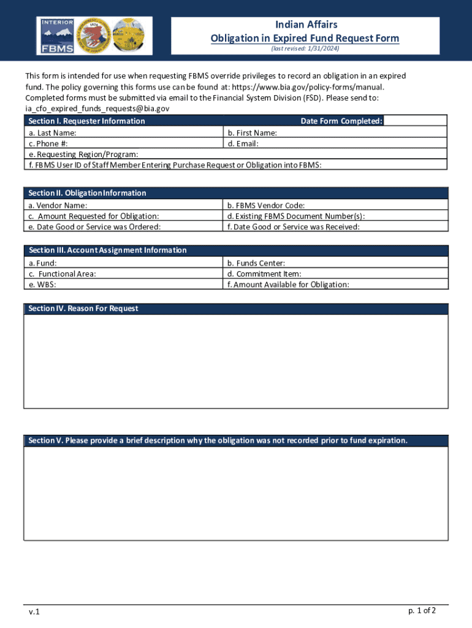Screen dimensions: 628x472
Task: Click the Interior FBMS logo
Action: coord(57,35)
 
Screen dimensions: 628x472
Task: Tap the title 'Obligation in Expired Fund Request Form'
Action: coord(305,38)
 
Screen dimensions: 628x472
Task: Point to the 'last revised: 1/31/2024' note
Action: coord(305,48)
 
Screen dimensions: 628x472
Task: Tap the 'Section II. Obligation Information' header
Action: coord(87,193)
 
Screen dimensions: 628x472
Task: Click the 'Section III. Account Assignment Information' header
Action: coord(107,250)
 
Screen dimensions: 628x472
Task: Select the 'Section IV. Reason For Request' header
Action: coord(83,308)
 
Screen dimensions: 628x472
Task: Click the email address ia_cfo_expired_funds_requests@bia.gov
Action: coord(97,109)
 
